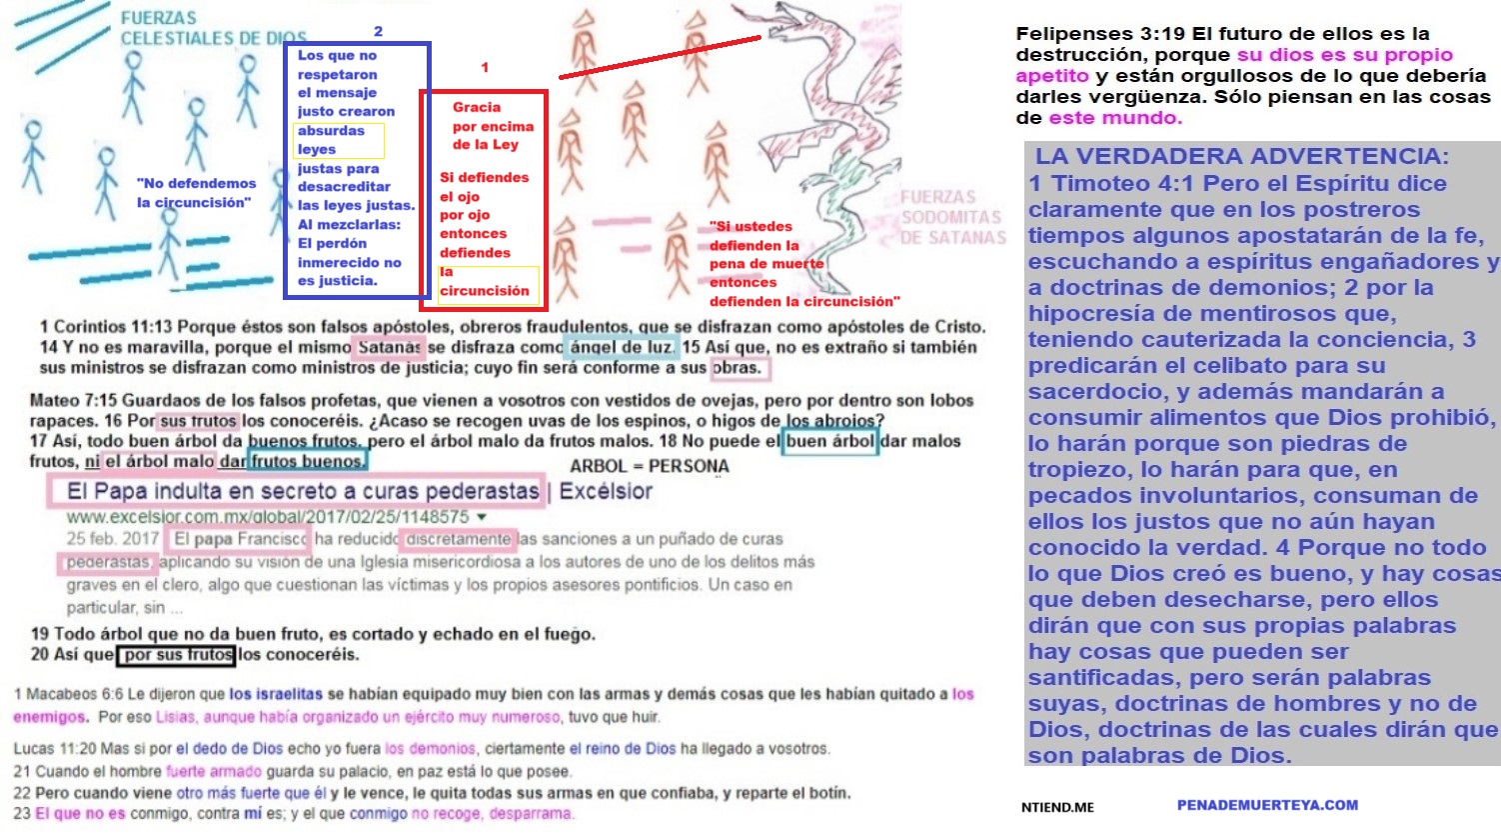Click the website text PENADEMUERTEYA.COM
tap(1267, 805)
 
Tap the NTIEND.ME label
tap(1057, 807)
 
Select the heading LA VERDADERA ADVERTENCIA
tap(1241, 156)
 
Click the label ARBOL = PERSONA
tap(649, 466)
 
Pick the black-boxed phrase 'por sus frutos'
tap(177, 656)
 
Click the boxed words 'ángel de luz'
tap(621, 347)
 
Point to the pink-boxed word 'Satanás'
tap(388, 347)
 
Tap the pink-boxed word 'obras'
tap(737, 368)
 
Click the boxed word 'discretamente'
tap(459, 539)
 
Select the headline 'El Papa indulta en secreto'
tap(302, 491)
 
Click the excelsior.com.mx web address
tap(268, 517)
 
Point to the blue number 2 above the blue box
tap(378, 31)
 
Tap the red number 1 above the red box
tap(485, 67)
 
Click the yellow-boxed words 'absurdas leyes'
tap(333, 140)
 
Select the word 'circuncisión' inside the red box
tap(485, 291)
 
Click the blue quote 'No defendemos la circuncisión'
tap(196, 193)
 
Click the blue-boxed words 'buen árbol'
tap(828, 441)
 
